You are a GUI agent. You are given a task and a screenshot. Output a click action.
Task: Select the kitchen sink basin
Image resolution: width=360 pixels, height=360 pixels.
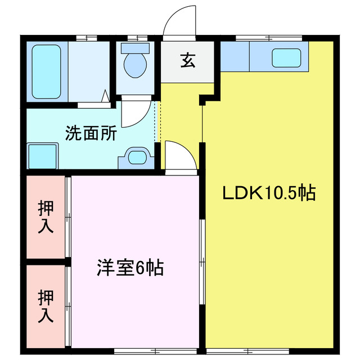pyautogui.click(x=287, y=57)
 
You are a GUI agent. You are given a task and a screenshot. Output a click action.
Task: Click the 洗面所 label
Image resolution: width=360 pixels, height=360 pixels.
pyautogui.click(x=91, y=133)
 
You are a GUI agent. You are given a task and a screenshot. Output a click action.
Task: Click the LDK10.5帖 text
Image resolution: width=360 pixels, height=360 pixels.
pyautogui.click(x=268, y=193)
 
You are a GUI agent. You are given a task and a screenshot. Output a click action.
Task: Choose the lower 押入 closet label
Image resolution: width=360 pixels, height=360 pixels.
pyautogui.click(x=46, y=305)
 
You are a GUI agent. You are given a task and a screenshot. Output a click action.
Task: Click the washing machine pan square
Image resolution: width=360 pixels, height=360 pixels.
pyautogui.click(x=43, y=155)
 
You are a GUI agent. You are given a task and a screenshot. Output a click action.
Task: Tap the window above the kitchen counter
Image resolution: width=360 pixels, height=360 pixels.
pyautogui.click(x=269, y=38)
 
